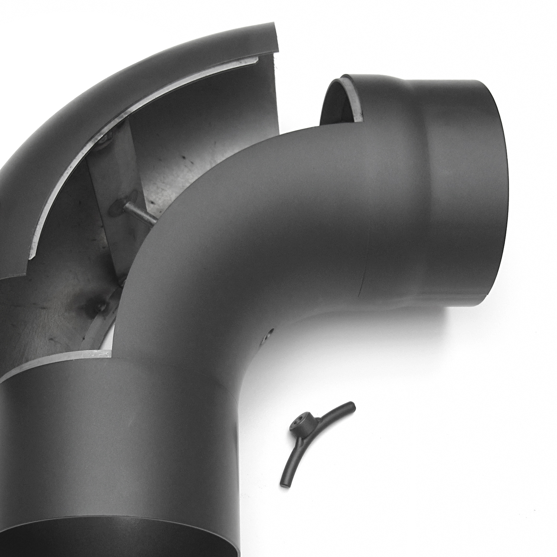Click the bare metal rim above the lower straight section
56,364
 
